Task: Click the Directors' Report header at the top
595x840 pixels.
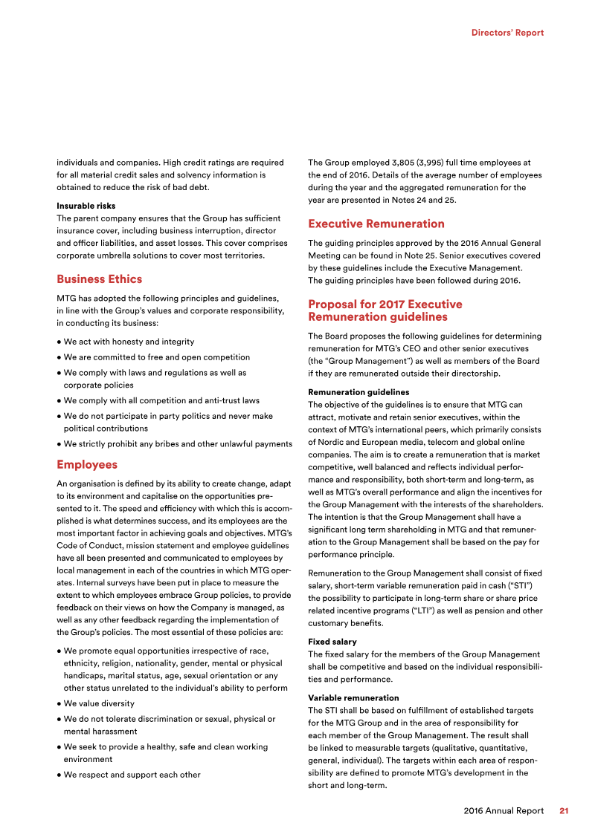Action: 507,33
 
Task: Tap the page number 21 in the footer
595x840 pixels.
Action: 564,811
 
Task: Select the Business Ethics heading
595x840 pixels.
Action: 99,279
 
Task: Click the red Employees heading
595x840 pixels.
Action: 87,465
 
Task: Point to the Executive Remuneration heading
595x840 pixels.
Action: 376,224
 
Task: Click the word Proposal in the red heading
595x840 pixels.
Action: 333,305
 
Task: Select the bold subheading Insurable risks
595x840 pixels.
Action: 86,205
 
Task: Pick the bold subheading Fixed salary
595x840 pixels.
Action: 332,641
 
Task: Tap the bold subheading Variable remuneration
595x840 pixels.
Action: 353,697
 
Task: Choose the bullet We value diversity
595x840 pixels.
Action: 99,703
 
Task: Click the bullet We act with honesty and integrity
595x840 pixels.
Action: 129,342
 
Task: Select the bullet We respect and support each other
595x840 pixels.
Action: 132,775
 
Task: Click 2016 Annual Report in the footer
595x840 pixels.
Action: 503,811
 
